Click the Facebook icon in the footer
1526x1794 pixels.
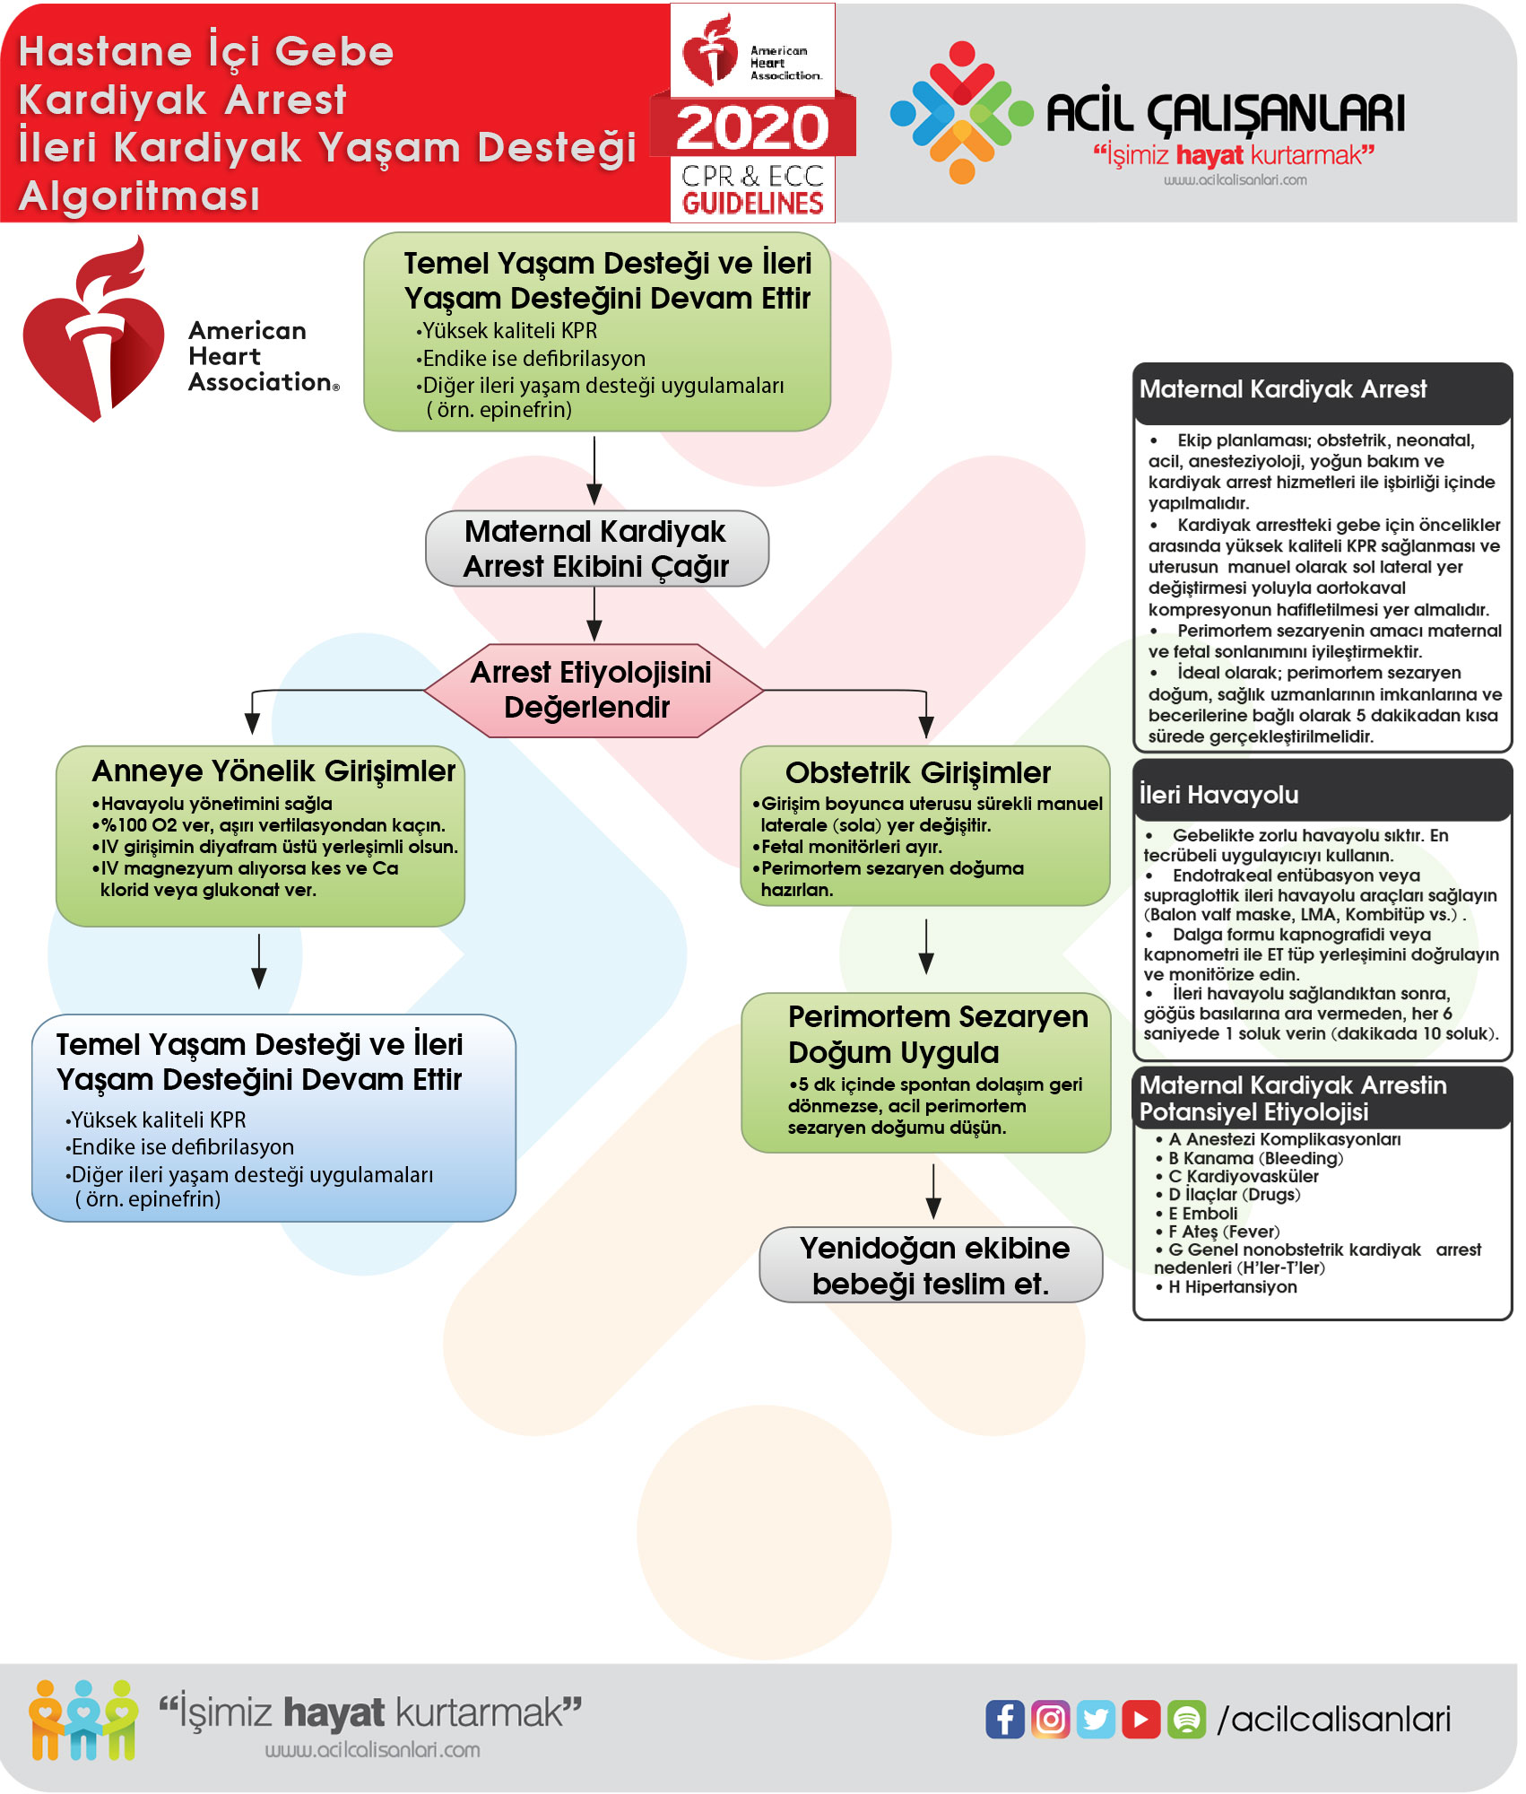1004,1719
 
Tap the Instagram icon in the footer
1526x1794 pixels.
1050,1719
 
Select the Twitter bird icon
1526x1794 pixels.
1096,1719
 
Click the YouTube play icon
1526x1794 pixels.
1140,1719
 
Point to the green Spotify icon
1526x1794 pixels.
1186,1719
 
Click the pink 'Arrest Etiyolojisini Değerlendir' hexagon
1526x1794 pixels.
593,690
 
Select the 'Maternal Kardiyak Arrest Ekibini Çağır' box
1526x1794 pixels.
596,549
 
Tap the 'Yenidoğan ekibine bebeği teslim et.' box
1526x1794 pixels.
931,1265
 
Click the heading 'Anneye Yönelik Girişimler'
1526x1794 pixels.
273,771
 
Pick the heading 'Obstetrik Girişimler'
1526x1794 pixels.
917,772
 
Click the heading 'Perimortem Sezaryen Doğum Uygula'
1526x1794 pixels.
937,1034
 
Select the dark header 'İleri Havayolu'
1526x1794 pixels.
1218,794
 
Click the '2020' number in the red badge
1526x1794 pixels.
752,127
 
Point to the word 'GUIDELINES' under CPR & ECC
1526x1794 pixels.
752,204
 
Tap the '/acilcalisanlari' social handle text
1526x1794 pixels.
1333,1719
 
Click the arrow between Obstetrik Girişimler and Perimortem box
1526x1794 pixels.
926,947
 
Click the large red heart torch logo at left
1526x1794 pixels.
94,332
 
